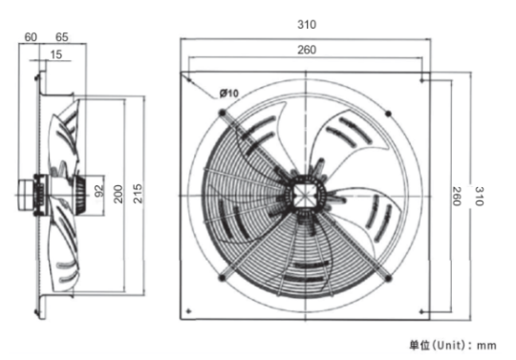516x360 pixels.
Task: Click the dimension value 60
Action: (x=31, y=37)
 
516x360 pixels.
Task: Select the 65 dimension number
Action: (x=62, y=37)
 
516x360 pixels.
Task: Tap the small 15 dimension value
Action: (x=56, y=54)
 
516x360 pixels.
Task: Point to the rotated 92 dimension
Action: (x=98, y=191)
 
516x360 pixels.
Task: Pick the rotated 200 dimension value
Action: (x=118, y=194)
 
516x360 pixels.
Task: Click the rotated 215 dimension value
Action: (x=138, y=194)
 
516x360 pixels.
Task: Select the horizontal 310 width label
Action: (x=307, y=25)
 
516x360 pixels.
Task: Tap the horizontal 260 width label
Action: (x=307, y=50)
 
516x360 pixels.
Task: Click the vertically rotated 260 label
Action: (x=456, y=197)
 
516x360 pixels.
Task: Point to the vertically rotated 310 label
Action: (x=479, y=197)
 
